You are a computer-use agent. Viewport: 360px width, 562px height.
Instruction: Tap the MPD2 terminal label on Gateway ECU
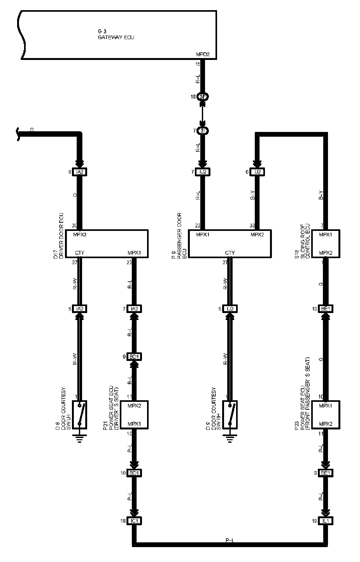(x=202, y=55)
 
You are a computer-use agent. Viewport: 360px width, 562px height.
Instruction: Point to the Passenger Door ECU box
(x=230, y=243)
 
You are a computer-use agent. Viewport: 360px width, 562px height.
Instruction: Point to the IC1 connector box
(x=134, y=521)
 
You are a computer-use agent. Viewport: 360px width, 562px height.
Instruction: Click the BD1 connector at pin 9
(x=134, y=357)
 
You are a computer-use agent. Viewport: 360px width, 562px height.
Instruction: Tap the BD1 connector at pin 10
(x=134, y=473)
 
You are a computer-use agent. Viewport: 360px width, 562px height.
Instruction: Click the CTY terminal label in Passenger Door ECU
(x=230, y=253)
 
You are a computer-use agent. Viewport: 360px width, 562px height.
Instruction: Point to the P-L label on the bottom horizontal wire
(x=230, y=540)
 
